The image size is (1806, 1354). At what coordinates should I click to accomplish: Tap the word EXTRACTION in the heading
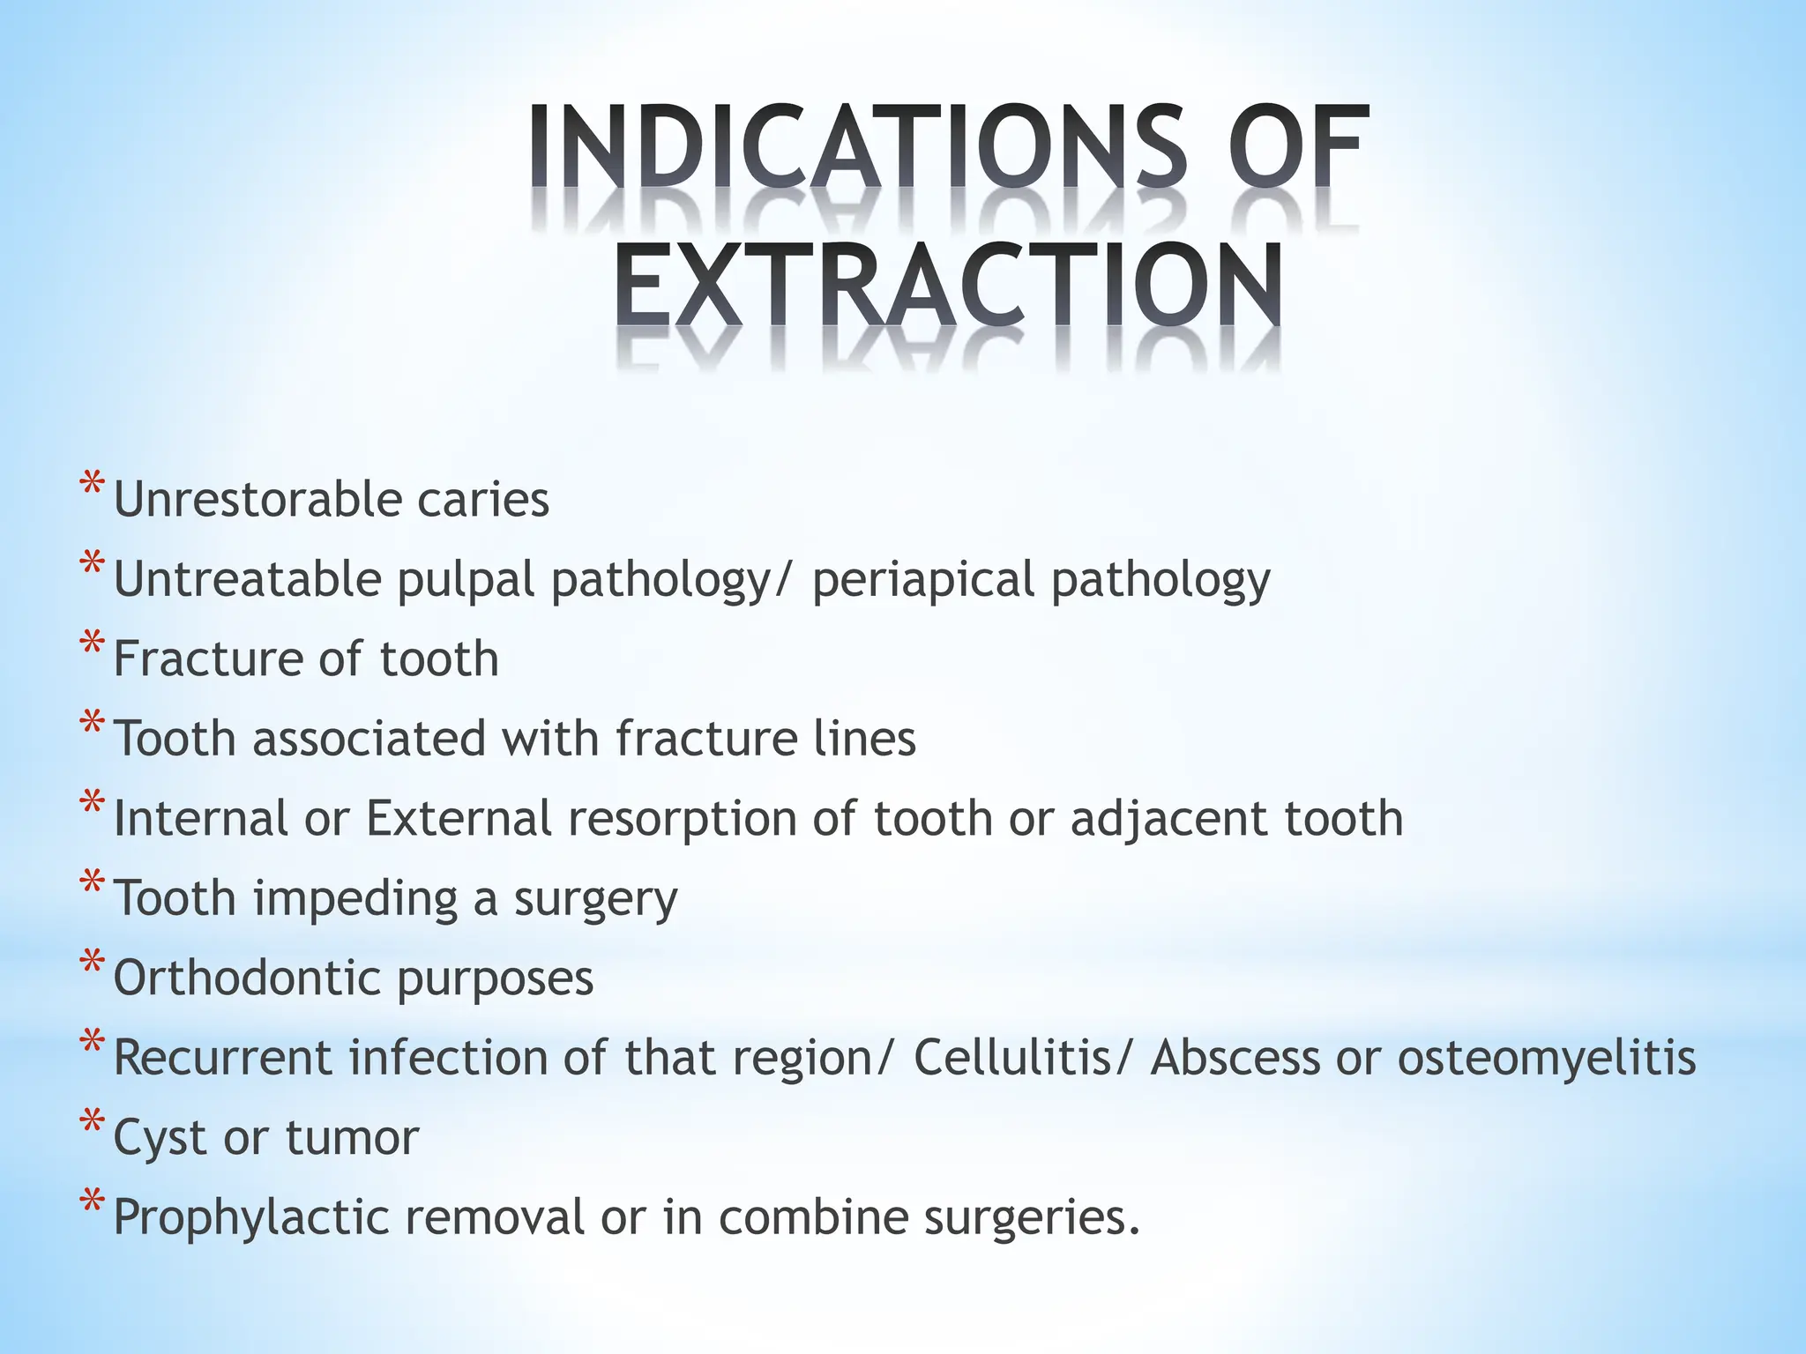point(948,285)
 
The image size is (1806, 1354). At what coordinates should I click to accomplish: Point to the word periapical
point(922,580)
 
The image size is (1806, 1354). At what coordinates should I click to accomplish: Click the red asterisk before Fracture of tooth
point(91,646)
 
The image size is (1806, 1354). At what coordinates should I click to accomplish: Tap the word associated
point(369,738)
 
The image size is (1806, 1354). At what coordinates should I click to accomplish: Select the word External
point(459,818)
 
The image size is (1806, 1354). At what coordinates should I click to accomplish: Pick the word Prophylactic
point(251,1217)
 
